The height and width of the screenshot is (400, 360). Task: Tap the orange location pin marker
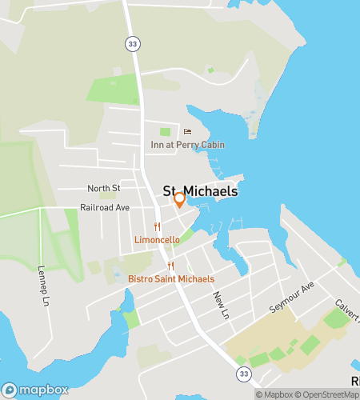180,199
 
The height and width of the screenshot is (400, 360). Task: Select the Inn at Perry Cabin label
188,145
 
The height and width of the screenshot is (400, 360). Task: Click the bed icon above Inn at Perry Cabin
188,132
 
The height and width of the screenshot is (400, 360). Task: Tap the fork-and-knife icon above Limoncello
158,227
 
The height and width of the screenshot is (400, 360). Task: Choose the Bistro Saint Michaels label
171,278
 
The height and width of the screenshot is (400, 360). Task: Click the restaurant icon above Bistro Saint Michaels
170,266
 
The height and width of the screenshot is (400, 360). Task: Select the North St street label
104,188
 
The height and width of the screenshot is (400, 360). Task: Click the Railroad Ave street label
104,207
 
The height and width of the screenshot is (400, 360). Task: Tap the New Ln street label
221,300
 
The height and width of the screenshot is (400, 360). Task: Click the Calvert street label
348,306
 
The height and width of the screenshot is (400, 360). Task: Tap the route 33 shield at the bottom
242,374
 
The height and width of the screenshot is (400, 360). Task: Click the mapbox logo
35,390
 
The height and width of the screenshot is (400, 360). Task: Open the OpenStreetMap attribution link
330,394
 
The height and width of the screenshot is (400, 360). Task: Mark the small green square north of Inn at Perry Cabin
166,131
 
